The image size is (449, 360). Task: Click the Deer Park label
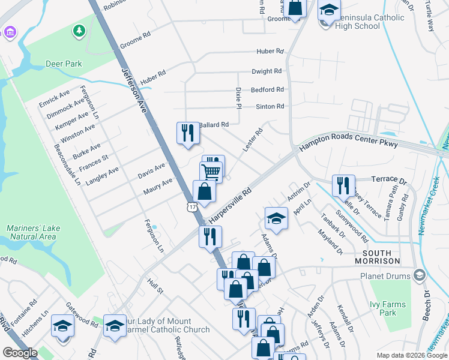point(64,64)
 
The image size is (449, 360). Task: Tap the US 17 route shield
point(191,207)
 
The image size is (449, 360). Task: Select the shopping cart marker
point(211,172)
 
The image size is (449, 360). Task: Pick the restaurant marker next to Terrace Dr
point(343,185)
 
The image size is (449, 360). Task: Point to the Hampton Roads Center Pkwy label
point(349,143)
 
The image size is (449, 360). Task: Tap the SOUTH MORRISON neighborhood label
point(377,257)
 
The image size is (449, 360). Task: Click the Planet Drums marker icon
point(419,276)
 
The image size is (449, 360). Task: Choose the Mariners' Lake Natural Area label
point(31,233)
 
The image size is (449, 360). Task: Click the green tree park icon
point(78,30)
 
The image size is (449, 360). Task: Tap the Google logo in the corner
point(20,353)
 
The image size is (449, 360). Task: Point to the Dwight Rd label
point(267,71)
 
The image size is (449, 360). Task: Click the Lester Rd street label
point(253,140)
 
